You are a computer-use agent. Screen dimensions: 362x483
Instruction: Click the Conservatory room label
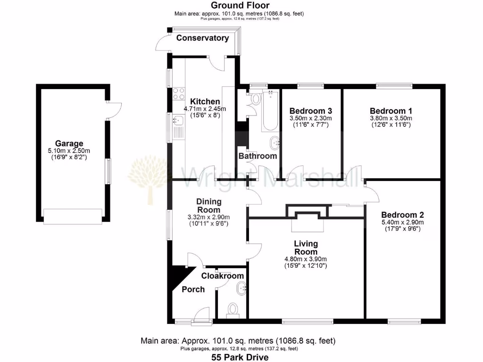coord(202,38)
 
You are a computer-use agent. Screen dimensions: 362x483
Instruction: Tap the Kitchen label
coord(205,101)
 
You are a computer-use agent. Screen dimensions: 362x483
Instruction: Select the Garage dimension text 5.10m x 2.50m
coord(69,151)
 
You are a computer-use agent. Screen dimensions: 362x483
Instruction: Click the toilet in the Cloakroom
coord(233,309)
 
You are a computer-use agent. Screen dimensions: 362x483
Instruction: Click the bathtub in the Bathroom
coord(270,111)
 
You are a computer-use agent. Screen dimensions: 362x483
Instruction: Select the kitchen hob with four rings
coord(178,93)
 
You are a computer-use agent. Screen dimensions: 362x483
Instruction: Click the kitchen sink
coord(178,126)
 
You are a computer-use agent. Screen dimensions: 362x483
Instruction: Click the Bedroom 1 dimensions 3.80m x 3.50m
coord(391,118)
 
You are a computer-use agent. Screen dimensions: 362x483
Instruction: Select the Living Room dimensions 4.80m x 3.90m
coord(306,259)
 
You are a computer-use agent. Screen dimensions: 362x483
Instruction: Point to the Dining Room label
coord(208,206)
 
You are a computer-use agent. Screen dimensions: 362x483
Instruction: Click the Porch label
coord(193,289)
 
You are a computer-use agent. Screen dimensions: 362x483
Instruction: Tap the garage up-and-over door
coord(73,215)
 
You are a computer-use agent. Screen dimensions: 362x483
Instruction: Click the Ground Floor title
coord(240,5)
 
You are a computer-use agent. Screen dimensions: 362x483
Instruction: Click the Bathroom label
coord(257,156)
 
